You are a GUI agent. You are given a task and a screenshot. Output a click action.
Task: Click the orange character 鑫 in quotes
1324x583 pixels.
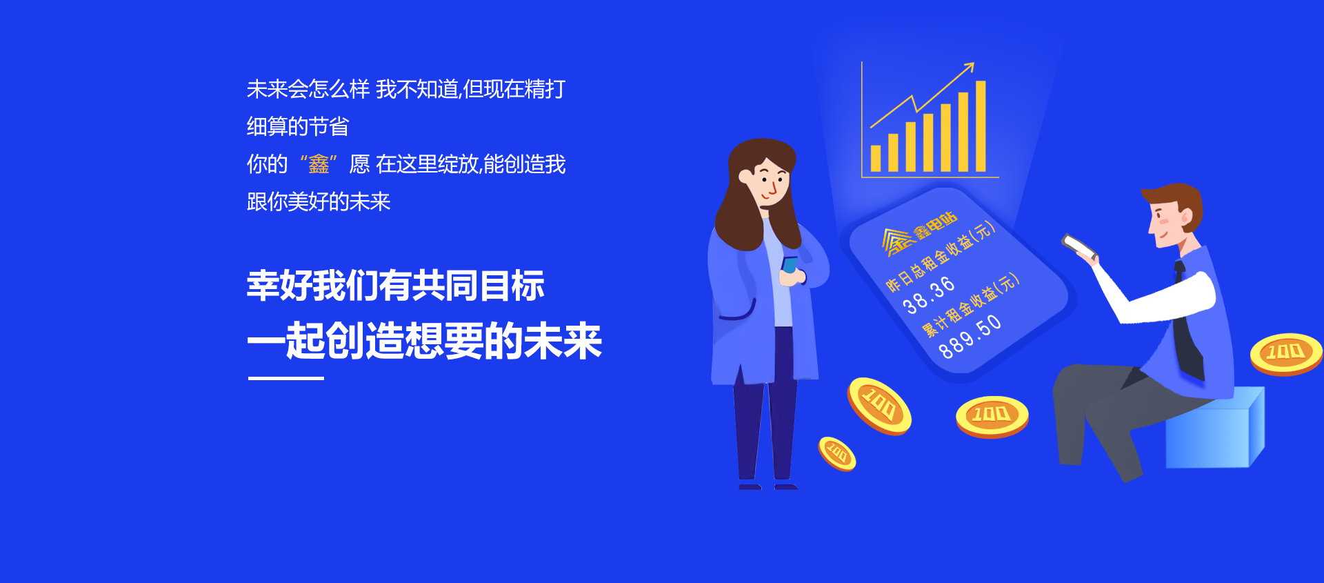coord(319,164)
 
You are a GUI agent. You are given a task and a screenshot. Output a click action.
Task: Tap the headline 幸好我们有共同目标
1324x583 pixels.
coord(396,286)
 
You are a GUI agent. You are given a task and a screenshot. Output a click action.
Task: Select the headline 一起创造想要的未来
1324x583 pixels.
coord(425,341)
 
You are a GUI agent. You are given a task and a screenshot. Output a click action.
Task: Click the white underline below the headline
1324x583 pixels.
coord(286,378)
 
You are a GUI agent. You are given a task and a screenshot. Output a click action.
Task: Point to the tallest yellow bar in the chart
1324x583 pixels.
coord(981,126)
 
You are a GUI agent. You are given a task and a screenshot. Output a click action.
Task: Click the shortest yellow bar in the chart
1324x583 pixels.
coord(876,159)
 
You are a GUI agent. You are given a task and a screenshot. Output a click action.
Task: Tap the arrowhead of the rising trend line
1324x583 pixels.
coord(969,67)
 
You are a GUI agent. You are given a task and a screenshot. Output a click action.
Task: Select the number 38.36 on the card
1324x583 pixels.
coord(929,295)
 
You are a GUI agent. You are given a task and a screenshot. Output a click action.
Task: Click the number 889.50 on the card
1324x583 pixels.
coord(970,336)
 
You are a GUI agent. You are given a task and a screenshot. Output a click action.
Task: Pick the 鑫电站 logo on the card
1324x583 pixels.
coord(919,234)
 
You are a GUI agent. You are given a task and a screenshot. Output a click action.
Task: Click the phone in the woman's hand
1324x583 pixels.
coord(789,266)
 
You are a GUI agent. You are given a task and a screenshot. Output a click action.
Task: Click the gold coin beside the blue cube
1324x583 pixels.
coord(1286,354)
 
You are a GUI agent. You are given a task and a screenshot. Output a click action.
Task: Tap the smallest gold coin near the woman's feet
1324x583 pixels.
coord(837,453)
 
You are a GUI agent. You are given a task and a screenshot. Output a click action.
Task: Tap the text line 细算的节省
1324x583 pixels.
coord(298,126)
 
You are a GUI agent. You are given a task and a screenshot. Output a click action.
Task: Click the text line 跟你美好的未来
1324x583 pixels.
coord(319,201)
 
